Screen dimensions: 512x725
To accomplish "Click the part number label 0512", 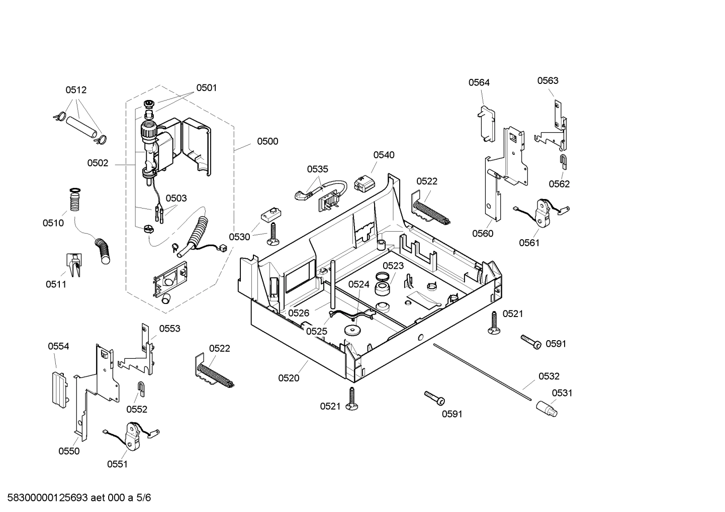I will tap(76, 90).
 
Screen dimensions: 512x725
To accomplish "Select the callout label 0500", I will tap(267, 141).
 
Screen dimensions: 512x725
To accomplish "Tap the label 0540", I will tap(384, 155).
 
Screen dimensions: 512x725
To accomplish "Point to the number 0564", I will tap(479, 82).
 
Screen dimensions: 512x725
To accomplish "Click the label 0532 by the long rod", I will tap(549, 376).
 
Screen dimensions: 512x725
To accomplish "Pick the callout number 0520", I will tap(289, 378).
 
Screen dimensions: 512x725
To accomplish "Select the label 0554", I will tap(58, 346).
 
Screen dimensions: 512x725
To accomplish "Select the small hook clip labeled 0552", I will tap(141, 387).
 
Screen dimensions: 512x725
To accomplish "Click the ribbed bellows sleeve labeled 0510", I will tap(75, 200).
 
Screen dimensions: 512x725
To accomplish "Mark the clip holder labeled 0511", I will tap(73, 264).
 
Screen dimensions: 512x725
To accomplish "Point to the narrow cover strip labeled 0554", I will tap(59, 388).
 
